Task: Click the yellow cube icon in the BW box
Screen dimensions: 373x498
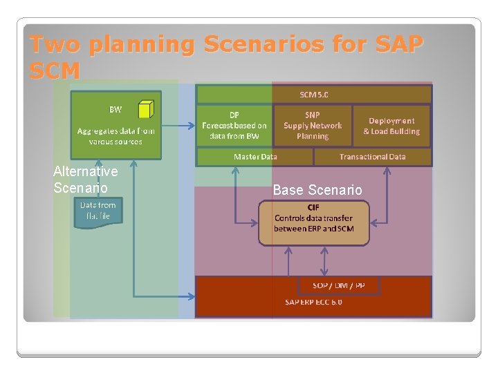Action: click(x=145, y=109)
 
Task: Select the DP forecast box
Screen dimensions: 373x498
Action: click(x=234, y=126)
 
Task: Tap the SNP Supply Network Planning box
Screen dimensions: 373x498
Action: click(x=313, y=126)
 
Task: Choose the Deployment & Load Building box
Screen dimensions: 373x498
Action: click(x=391, y=126)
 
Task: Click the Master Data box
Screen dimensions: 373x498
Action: click(x=255, y=157)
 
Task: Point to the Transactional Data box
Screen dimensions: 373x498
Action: click(x=372, y=157)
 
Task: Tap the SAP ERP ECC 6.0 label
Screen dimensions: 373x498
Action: click(x=313, y=302)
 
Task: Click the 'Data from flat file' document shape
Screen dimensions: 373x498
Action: click(x=98, y=211)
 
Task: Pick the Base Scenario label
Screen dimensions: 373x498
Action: click(x=317, y=190)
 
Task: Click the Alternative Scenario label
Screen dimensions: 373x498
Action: click(x=85, y=180)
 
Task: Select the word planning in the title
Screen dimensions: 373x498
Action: click(x=142, y=45)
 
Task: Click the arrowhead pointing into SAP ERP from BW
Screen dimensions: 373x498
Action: click(x=190, y=296)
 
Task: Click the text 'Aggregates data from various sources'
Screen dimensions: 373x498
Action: click(x=116, y=135)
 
